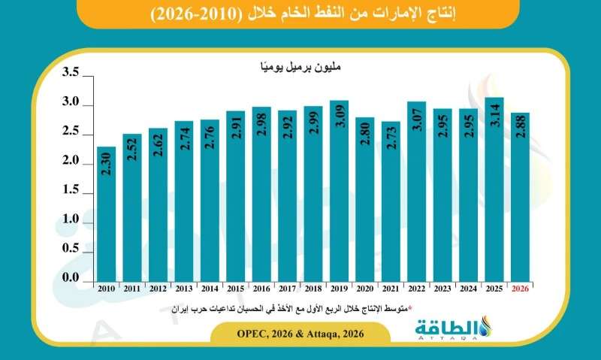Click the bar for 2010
[x=107, y=214]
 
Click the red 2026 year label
[x=520, y=288]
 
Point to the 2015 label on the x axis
[x=235, y=288]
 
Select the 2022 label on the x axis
[x=416, y=288]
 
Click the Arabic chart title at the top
[x=300, y=13]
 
